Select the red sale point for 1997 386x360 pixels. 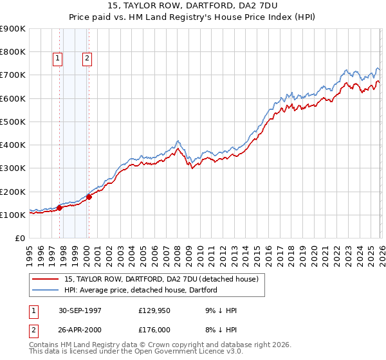tap(60, 208)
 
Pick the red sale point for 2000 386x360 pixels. tap(89, 197)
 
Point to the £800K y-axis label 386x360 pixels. tap(13, 52)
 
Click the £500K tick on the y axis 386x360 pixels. tap(13, 122)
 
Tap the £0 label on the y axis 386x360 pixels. tap(19, 239)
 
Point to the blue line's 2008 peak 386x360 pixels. tap(178, 140)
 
